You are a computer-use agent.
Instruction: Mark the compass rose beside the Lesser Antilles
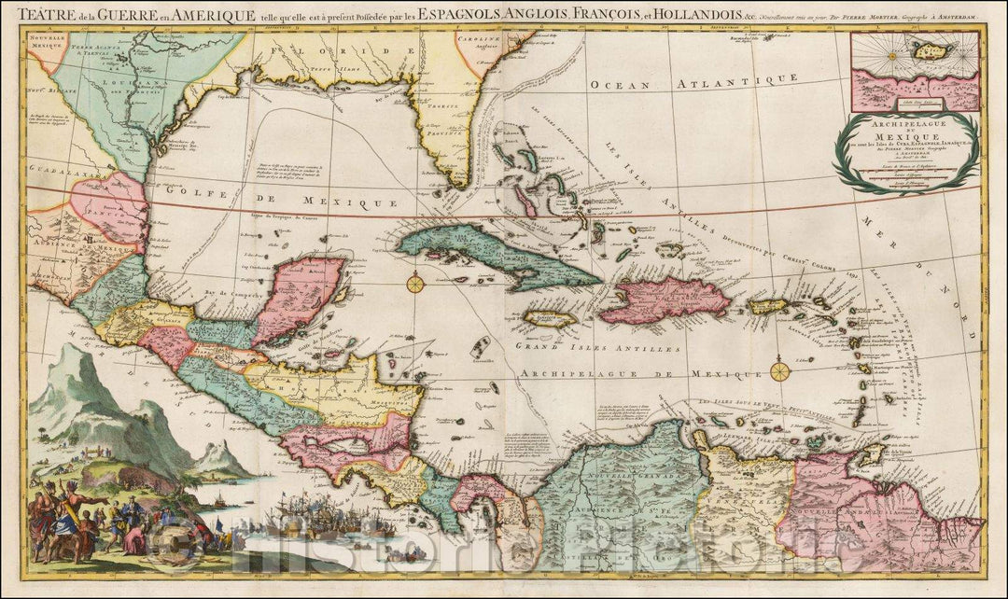(781, 371)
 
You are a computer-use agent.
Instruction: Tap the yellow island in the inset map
(930, 49)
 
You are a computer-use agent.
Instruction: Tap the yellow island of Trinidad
(871, 453)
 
